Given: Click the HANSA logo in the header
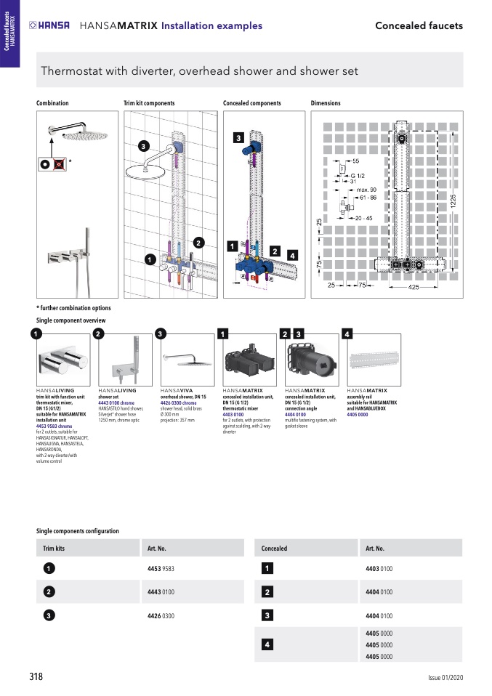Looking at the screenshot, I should (x=49, y=25).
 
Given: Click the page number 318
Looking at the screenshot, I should (x=36, y=676).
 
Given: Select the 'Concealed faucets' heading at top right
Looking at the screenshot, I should (x=419, y=25).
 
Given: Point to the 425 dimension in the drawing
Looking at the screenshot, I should (x=413, y=288).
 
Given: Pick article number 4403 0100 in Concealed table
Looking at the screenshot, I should (x=379, y=568).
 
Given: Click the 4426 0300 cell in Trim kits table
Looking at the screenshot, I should (x=161, y=616).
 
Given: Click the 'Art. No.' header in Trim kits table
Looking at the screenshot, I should (x=157, y=549).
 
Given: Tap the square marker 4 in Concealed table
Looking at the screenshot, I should (x=267, y=644).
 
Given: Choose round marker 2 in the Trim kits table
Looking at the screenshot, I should (x=47, y=592).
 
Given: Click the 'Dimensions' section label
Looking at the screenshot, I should (x=326, y=103).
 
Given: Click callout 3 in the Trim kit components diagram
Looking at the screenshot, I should (x=144, y=147).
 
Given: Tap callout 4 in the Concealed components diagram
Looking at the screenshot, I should (x=291, y=255).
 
